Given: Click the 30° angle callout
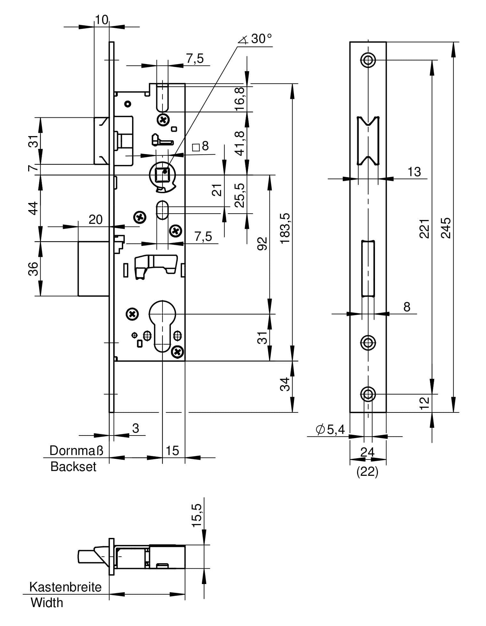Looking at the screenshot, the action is click(255, 39).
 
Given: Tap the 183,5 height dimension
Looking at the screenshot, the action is click(285, 228).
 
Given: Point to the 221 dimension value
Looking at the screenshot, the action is click(424, 228).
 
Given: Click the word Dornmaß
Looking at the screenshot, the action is click(77, 451).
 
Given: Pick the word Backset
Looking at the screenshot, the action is click(73, 467).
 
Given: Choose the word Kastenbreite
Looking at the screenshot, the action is click(65, 587).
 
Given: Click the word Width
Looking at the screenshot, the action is click(47, 603).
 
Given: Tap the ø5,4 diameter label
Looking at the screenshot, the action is click(331, 429).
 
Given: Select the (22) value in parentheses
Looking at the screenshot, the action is click(367, 472).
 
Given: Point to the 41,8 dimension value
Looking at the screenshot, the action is click(241, 143).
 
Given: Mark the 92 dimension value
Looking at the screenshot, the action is click(262, 244).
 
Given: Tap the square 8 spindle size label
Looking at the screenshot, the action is click(201, 146).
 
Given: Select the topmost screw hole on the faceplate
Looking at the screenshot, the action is click(368, 60).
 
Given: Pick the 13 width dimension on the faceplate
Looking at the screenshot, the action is click(414, 172).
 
